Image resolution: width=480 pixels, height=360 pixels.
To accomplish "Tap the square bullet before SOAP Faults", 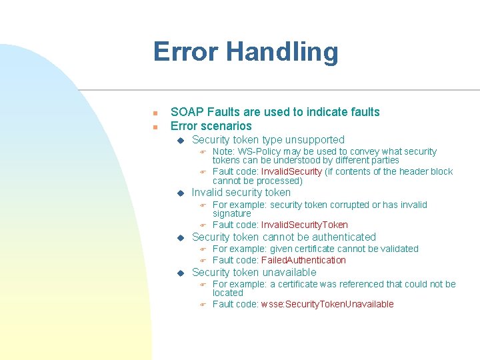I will pos(154,113).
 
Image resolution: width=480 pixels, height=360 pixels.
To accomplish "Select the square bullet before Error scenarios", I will pos(154,127).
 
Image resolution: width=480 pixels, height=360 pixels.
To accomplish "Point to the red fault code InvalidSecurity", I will pos(291,172).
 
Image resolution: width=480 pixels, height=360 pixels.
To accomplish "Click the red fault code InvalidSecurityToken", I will pos(304,225).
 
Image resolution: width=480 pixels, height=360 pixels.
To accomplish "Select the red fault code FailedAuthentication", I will pos(303,261).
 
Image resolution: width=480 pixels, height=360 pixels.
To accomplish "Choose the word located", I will pos(228,293).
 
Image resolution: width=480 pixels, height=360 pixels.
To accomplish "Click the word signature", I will pos(231,214).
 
